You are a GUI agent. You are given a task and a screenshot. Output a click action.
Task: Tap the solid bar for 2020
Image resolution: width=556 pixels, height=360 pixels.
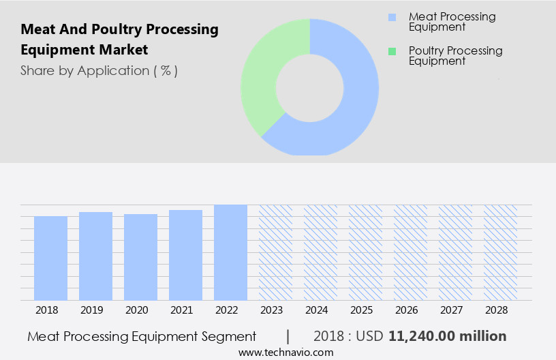(x=140, y=257)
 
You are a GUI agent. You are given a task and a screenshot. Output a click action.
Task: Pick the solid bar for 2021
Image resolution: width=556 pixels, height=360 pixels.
(x=185, y=255)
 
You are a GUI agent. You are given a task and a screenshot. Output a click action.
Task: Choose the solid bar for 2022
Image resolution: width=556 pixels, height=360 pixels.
(x=230, y=252)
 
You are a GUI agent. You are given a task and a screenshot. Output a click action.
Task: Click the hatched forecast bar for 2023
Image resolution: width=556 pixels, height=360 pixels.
(x=275, y=252)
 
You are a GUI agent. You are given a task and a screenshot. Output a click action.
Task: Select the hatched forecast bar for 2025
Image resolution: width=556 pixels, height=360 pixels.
(x=365, y=252)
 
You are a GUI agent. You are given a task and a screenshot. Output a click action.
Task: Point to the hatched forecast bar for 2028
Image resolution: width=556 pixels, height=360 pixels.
(x=500, y=252)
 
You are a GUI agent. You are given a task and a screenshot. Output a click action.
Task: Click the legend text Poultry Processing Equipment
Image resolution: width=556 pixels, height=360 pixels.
(x=455, y=55)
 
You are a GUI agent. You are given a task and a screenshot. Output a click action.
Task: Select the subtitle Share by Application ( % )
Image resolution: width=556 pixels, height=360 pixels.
(x=99, y=71)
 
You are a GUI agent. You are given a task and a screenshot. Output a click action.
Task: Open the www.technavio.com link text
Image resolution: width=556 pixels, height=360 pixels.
(x=285, y=352)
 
